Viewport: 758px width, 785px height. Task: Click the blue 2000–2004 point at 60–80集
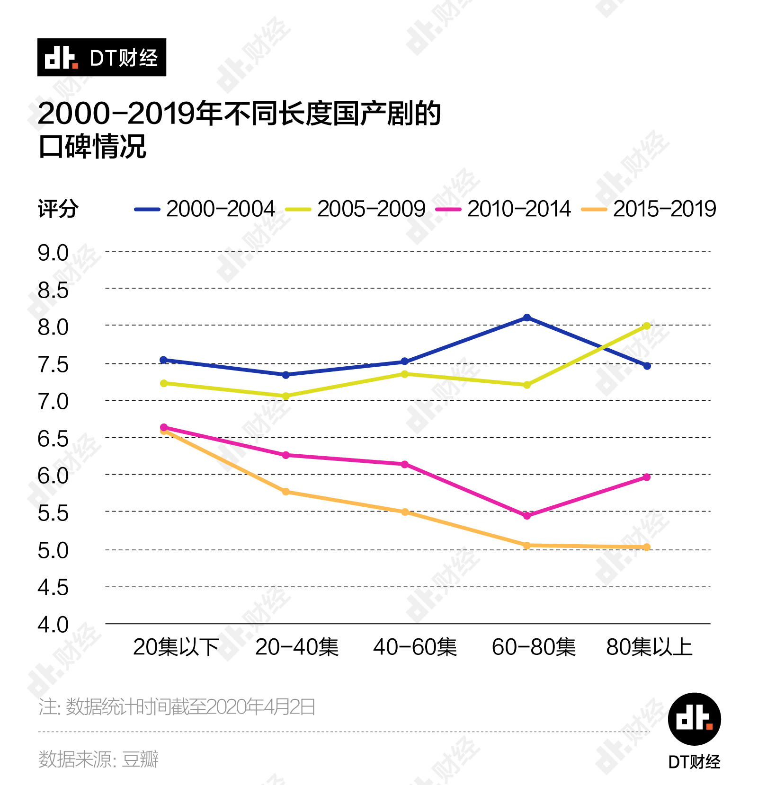coord(527,318)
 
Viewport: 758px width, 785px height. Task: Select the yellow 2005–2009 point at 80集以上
coord(647,326)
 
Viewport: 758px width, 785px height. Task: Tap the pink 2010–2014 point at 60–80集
coord(527,516)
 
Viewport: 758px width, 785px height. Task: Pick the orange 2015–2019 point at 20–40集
coord(286,492)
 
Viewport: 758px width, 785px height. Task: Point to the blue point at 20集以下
coord(164,360)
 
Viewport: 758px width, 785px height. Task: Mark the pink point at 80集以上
coord(647,477)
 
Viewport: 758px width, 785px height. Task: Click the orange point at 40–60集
coord(405,512)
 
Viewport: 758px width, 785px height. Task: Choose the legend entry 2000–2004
coord(205,209)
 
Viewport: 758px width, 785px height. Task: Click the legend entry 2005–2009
coord(356,209)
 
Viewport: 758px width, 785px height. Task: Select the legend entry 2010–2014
coord(503,209)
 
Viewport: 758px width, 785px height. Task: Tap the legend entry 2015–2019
coord(649,209)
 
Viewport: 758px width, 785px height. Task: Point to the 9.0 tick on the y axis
coord(53,253)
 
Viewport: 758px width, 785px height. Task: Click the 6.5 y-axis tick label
coord(53,439)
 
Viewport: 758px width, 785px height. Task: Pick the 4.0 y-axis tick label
coord(53,625)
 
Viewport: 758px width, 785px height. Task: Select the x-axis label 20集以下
coord(176,647)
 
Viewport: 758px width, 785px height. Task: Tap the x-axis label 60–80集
coord(534,647)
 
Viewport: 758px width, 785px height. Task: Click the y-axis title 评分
coord(58,209)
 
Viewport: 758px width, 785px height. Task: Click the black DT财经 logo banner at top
coord(102,57)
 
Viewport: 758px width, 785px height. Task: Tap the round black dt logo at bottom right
coord(694,719)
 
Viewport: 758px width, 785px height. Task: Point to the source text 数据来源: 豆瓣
coord(98,759)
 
